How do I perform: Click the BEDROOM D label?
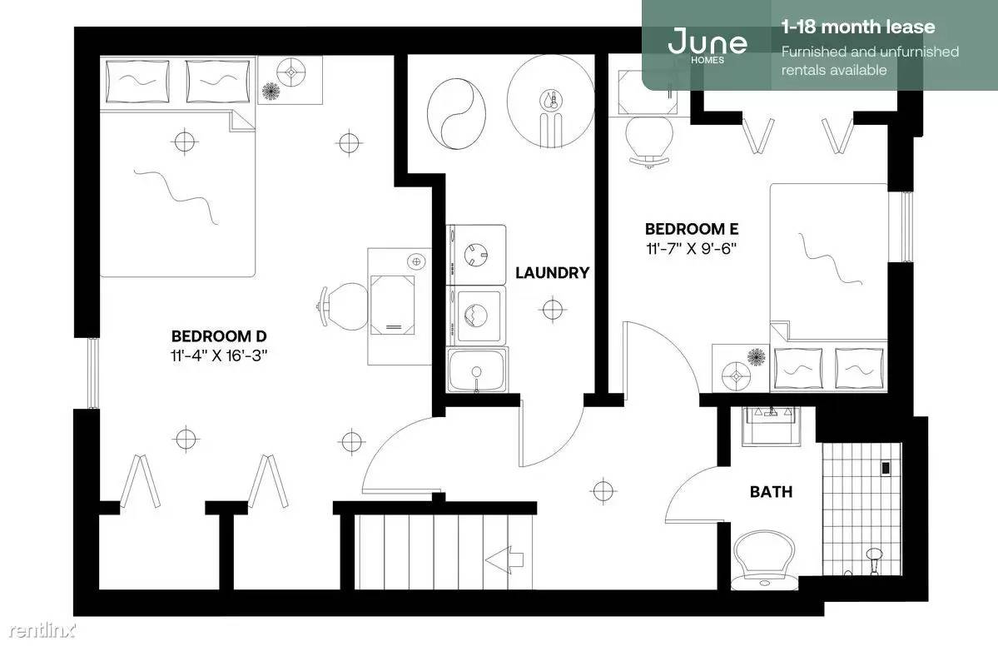[219, 336]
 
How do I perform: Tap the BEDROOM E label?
[692, 229]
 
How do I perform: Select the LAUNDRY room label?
[553, 273]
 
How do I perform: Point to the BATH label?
[771, 492]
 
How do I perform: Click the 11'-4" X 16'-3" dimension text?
[219, 355]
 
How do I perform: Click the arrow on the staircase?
[504, 560]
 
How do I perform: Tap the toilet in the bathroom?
[765, 561]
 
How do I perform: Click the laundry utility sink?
[477, 370]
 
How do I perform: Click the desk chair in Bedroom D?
[345, 307]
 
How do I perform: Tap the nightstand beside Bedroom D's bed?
[290, 80]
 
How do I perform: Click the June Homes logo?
[708, 45]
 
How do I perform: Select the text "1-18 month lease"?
[858, 27]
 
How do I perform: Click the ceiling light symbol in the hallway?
[602, 490]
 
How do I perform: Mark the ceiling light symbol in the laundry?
[553, 310]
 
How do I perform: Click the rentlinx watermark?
[42, 631]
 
